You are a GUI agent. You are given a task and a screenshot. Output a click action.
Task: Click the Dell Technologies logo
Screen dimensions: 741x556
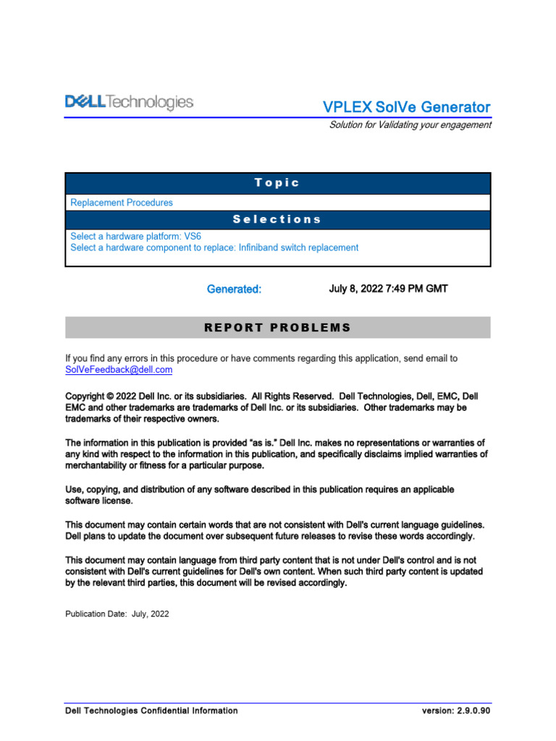click(130, 103)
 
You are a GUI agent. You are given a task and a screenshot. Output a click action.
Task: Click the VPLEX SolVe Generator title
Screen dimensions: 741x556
click(406, 107)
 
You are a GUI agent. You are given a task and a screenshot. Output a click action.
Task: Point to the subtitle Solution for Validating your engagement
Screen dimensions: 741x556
click(410, 124)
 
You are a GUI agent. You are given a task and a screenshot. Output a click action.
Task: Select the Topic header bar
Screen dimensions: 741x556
click(277, 183)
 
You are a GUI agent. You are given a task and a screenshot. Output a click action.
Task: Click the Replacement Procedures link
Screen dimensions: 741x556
click(122, 203)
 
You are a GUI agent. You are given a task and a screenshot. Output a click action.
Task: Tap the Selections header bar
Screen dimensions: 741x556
click(277, 219)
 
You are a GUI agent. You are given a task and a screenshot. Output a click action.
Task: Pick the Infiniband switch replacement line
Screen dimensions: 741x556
click(214, 247)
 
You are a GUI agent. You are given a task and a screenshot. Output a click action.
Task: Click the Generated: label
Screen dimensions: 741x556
click(234, 289)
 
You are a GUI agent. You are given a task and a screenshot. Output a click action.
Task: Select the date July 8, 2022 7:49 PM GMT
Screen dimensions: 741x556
click(388, 289)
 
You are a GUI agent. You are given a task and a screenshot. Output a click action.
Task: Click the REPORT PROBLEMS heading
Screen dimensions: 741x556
click(277, 328)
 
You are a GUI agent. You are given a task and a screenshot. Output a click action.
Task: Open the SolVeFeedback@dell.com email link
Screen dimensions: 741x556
click(119, 370)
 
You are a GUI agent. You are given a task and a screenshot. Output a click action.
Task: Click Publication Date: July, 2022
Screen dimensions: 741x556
click(117, 614)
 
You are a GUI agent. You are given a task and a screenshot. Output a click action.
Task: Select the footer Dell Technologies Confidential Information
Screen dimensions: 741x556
click(151, 711)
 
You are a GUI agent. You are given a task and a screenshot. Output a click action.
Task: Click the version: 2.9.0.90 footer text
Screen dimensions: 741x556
click(456, 711)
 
